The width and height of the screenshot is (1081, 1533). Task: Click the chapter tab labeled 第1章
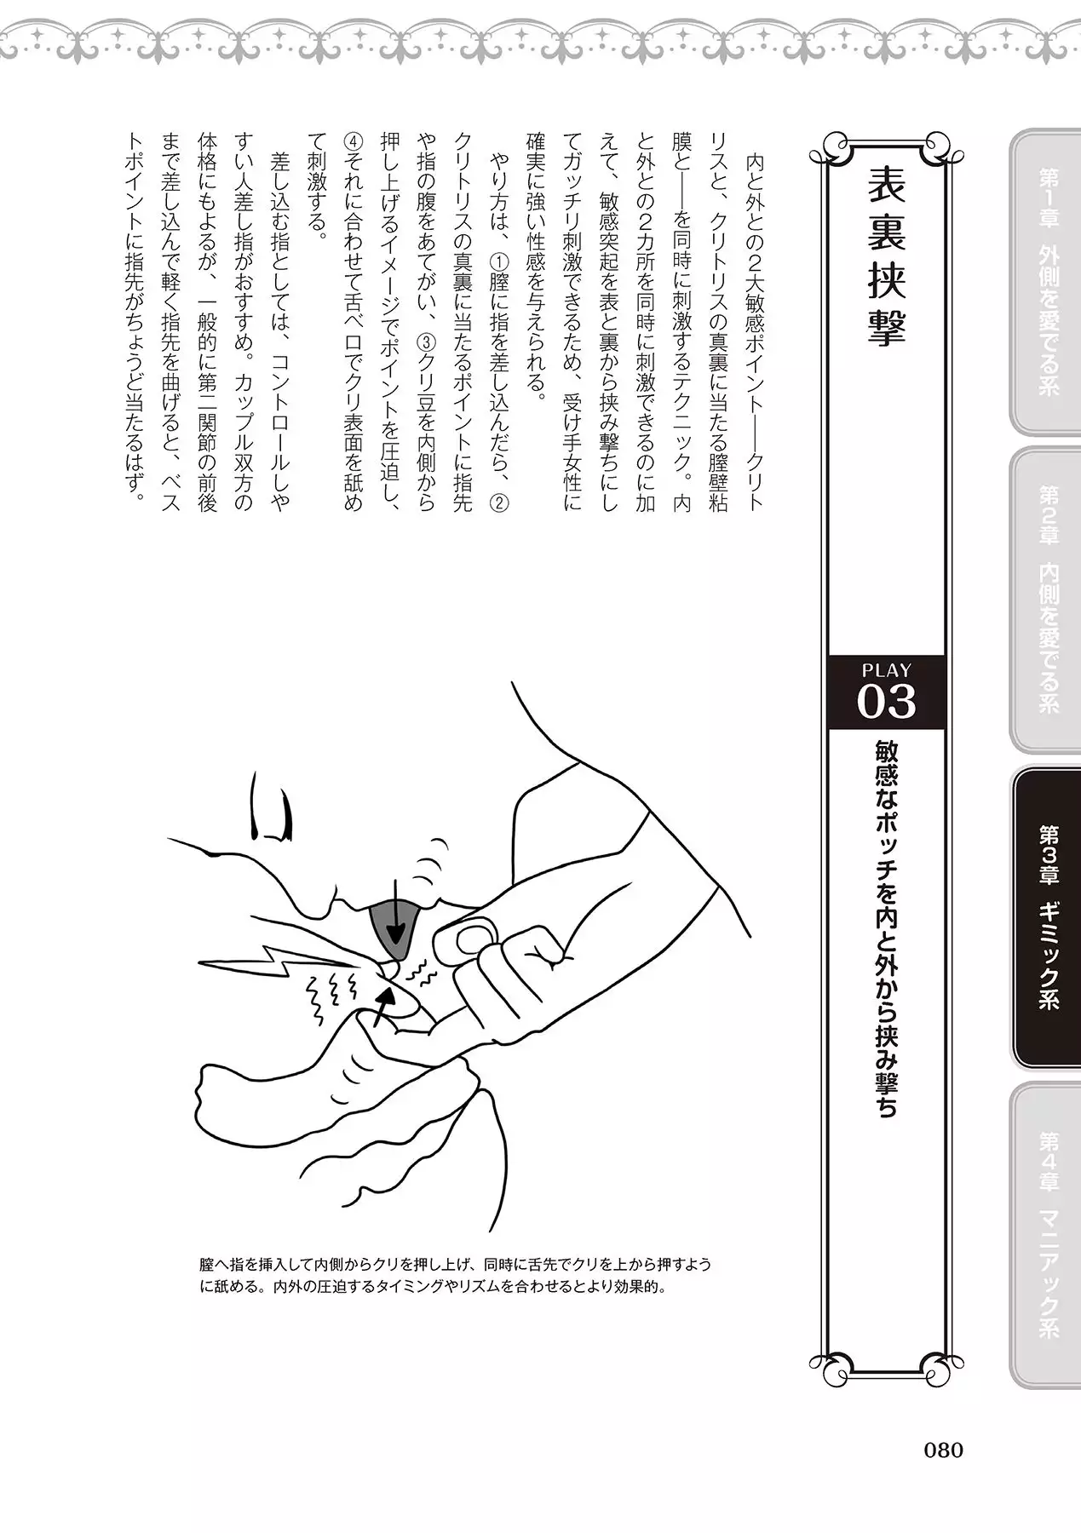(x=1045, y=281)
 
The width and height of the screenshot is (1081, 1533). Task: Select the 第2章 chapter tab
(x=1045, y=600)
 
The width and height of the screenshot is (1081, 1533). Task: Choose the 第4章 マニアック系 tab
(x=1045, y=1235)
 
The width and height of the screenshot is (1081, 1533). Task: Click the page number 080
(x=943, y=1450)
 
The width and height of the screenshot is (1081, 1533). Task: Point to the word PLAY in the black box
(x=886, y=670)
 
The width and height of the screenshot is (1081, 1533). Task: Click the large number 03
(x=886, y=702)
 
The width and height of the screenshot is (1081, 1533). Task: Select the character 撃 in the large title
(x=886, y=324)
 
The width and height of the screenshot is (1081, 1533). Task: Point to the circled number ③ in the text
(x=426, y=342)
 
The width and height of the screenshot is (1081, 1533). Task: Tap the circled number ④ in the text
(x=353, y=141)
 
